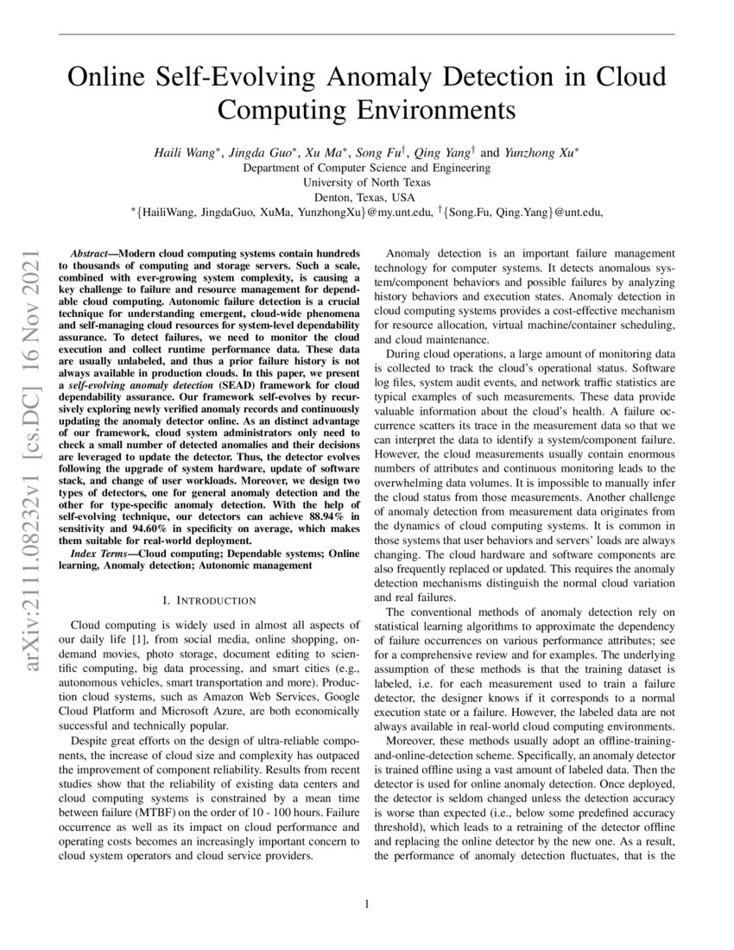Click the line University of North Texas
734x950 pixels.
pos(367,182)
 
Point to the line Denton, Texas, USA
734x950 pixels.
pos(367,197)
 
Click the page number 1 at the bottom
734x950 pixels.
pos(367,904)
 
